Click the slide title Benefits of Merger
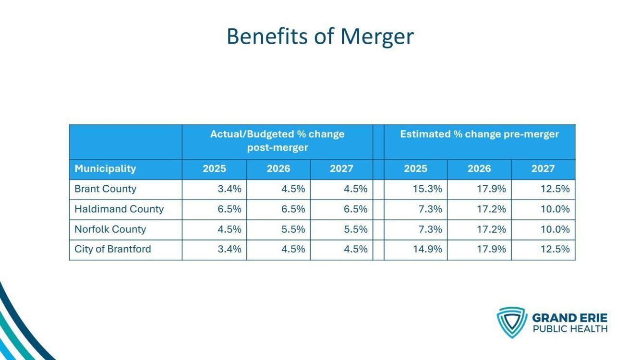click(x=320, y=36)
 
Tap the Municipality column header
click(x=105, y=168)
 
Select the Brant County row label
click(x=105, y=189)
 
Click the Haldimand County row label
click(x=119, y=209)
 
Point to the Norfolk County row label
click(x=110, y=229)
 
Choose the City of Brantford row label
click(x=113, y=249)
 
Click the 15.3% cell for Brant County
click(x=427, y=189)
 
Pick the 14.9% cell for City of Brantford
click(x=427, y=249)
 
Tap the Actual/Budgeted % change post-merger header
click(x=277, y=141)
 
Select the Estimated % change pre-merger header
click(x=479, y=134)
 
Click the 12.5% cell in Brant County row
click(x=555, y=189)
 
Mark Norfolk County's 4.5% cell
click(x=229, y=229)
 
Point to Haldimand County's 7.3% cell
click(x=430, y=209)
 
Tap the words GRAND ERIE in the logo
click(x=569, y=318)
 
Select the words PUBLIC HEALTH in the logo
click(x=569, y=329)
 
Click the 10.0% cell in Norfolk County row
click(x=555, y=229)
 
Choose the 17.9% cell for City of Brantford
click(x=491, y=249)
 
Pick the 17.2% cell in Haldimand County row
click(x=491, y=209)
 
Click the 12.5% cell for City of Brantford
click(x=555, y=249)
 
